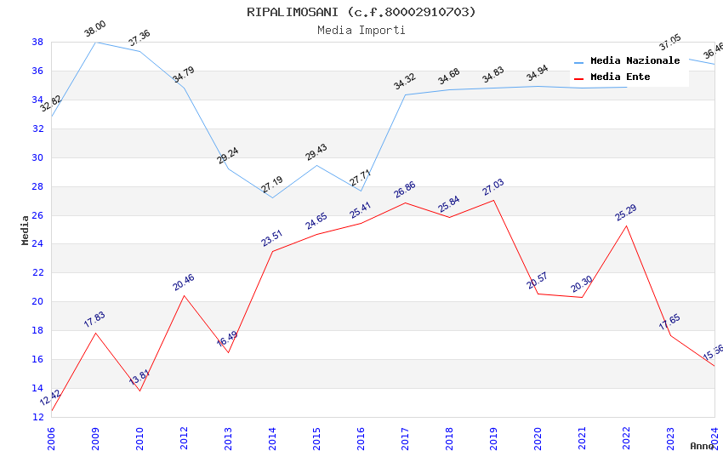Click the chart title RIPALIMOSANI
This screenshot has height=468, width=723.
click(x=361, y=12)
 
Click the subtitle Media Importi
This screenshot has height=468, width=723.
click(x=361, y=30)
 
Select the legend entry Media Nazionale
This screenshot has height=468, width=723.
click(x=635, y=61)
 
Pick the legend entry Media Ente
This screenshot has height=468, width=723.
click(x=620, y=77)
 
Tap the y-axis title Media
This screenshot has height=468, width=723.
click(x=25, y=230)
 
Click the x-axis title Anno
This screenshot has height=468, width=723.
click(x=702, y=446)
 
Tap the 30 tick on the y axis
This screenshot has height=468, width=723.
click(x=38, y=157)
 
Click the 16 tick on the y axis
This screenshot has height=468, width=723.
click(x=38, y=359)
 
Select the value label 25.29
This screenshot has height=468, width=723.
click(x=625, y=213)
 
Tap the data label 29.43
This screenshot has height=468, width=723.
click(x=316, y=152)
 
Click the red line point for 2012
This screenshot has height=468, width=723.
click(x=184, y=295)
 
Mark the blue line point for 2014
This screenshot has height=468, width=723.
click(x=272, y=197)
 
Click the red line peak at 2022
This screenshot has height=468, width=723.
click(x=626, y=225)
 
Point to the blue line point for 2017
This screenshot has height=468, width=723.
click(x=405, y=94)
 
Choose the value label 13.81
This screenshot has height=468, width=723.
click(x=139, y=377)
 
